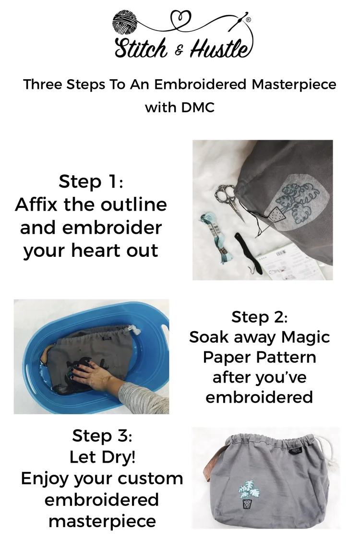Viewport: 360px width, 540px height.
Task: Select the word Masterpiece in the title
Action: [294, 84]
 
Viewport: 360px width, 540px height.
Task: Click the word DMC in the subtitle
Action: [197, 107]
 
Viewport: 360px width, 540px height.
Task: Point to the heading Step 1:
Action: [91, 182]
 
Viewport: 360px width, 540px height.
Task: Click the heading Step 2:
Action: [259, 317]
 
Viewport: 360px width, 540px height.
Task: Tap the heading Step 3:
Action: [102, 436]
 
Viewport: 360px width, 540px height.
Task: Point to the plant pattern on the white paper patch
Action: [288, 197]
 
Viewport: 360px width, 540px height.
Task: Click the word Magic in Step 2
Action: [305, 337]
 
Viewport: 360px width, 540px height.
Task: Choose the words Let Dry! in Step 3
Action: [102, 456]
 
